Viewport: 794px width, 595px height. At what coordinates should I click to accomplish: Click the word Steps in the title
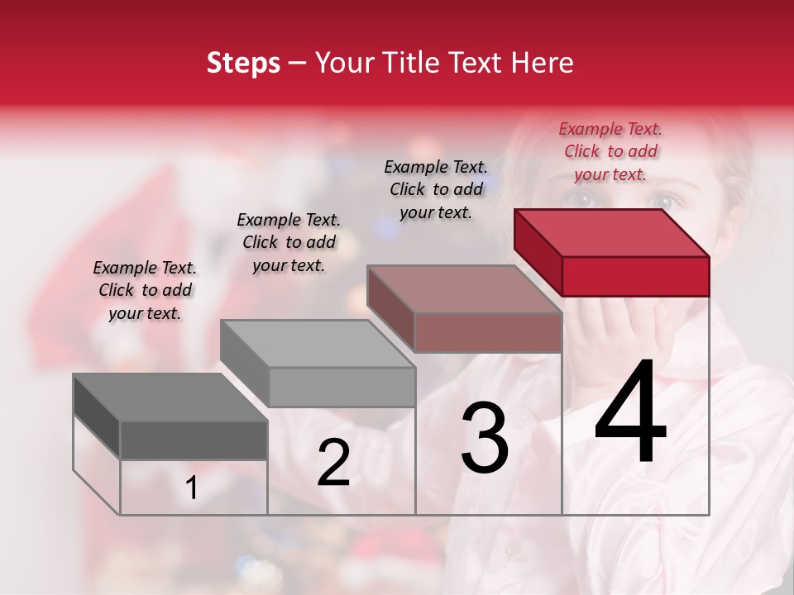(243, 63)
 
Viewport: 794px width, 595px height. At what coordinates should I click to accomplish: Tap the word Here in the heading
(543, 63)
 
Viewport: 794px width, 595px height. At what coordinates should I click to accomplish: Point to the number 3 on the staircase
(485, 437)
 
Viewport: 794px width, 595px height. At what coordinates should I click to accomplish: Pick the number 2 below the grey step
(333, 463)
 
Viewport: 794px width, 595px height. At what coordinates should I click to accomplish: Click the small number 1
(192, 488)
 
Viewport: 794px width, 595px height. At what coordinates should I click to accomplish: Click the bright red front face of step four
(635, 276)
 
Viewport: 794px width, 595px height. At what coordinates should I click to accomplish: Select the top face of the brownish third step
(463, 289)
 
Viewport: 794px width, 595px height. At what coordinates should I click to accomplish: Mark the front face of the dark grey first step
(194, 440)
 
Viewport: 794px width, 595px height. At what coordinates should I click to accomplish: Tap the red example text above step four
(610, 151)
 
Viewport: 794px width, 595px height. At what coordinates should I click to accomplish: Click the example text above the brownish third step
(436, 189)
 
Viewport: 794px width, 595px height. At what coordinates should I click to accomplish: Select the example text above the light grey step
(289, 242)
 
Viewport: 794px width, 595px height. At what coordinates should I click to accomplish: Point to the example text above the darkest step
(145, 290)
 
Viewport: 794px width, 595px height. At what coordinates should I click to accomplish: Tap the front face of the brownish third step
(488, 333)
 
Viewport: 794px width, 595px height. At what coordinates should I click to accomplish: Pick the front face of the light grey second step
(342, 387)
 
